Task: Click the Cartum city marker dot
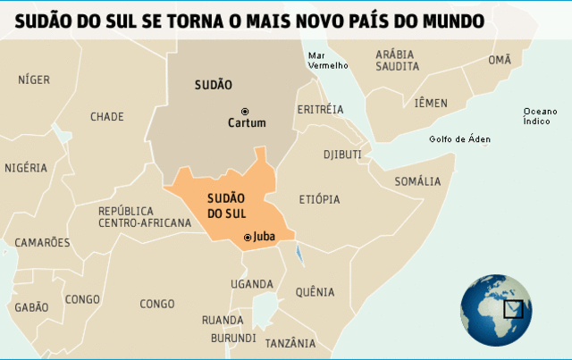(x=244, y=111)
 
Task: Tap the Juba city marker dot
(x=248, y=238)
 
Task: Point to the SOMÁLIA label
(x=417, y=181)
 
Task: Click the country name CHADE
(x=107, y=116)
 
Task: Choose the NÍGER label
(x=34, y=80)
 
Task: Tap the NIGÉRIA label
(x=26, y=167)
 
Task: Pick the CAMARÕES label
(x=41, y=242)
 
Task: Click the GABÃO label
(x=31, y=306)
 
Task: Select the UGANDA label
(x=251, y=284)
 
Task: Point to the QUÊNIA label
(x=315, y=292)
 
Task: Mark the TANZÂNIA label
(x=290, y=343)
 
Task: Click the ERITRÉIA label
(x=319, y=109)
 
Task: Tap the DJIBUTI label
(x=342, y=154)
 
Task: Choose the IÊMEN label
(x=431, y=103)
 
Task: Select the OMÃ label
(x=500, y=60)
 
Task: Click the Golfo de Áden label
(x=459, y=139)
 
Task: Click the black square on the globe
(x=513, y=309)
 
